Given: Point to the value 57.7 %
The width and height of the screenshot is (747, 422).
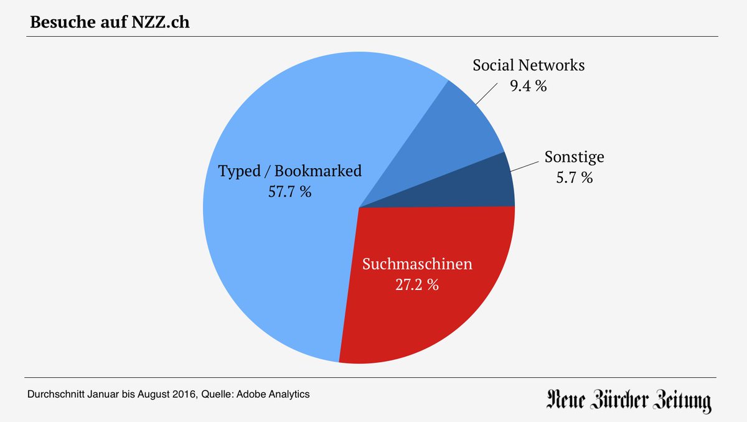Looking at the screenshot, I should pos(289,192).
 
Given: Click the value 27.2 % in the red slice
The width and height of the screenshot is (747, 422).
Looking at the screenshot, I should pos(417,285).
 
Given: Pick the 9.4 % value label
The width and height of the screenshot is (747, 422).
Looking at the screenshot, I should pos(528,87).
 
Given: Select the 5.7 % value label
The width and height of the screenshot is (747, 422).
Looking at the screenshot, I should pos(574,178).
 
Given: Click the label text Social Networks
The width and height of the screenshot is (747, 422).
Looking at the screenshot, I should pos(529,65).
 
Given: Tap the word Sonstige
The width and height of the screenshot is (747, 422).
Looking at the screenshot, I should pos(574,157).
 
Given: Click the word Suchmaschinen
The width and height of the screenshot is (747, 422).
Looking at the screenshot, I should pos(417,264).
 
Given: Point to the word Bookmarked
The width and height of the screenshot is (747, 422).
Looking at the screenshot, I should pos(317,171).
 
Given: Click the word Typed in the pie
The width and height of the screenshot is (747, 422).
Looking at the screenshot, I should pos(240,171).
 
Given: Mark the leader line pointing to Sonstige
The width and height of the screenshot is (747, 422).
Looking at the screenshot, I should pos(524,167).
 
